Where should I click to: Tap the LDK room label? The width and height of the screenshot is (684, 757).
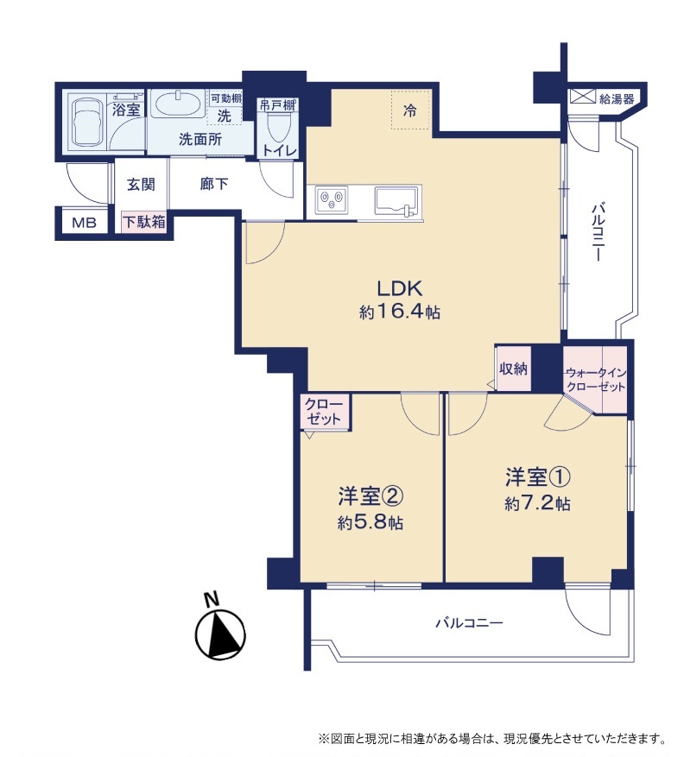point(400,288)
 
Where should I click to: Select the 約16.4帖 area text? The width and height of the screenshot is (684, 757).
point(400,312)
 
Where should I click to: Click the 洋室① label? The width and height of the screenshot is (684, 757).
point(538,477)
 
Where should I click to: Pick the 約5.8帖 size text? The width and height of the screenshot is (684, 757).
point(370,522)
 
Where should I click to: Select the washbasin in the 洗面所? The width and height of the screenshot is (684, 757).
point(178,104)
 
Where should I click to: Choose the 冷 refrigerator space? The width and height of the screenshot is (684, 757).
point(409,110)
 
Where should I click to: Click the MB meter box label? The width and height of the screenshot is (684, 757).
point(84,223)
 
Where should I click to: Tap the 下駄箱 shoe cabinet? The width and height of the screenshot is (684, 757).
point(144,222)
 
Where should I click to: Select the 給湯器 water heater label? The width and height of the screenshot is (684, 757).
point(617,99)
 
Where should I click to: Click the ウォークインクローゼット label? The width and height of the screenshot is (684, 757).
point(596,380)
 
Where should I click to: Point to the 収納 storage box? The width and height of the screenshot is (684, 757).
point(513,369)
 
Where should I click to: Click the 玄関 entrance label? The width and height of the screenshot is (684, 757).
point(141,184)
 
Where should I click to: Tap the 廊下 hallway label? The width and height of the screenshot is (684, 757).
point(214,184)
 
